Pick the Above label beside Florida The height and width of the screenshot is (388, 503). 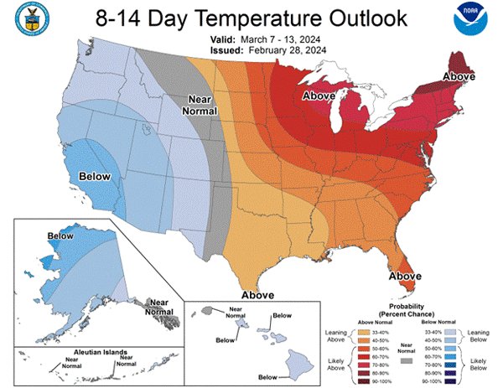404,275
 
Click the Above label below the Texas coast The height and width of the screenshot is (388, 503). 258,295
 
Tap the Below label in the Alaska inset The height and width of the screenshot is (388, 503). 61,237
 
